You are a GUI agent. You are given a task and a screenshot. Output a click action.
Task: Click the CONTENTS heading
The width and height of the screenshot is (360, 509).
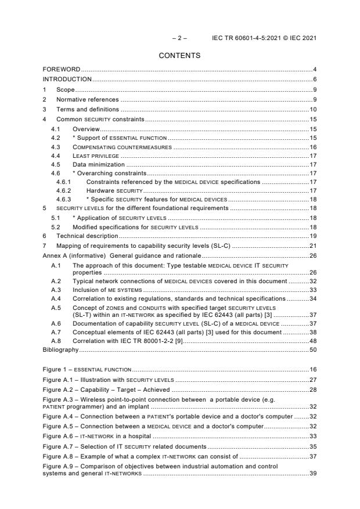pyautogui.click(x=179, y=56)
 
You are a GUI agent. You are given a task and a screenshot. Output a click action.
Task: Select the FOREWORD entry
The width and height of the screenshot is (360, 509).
pyautogui.click(x=62, y=70)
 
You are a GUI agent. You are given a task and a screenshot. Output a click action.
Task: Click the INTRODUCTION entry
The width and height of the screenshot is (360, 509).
pyautogui.click(x=67, y=79)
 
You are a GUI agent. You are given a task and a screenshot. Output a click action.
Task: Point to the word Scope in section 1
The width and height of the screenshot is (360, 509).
pyautogui.click(x=65, y=90)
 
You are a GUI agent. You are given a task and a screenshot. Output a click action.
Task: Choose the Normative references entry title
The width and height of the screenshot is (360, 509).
pyautogui.click(x=87, y=99)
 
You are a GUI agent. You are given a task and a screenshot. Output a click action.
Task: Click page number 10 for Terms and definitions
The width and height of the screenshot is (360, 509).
pyautogui.click(x=312, y=109)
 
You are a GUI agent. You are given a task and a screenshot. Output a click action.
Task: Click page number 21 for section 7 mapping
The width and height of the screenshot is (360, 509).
pyautogui.click(x=312, y=246)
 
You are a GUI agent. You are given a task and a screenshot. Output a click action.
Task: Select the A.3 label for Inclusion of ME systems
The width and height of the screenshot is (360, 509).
pyautogui.click(x=56, y=290)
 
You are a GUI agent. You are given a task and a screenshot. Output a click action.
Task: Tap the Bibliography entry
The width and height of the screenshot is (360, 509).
pyautogui.click(x=60, y=351)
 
